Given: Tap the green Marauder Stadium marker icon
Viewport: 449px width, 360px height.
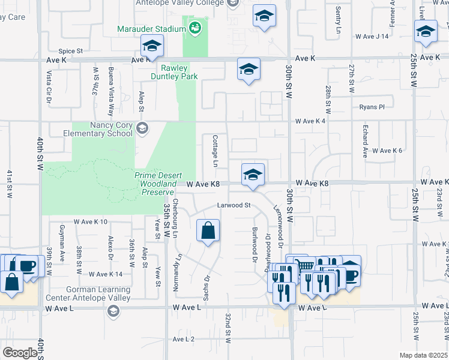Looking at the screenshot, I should tap(195, 28).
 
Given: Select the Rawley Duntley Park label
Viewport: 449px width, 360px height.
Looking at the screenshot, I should tap(179, 73).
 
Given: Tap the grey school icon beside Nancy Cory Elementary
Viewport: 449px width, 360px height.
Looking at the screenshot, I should tap(142, 128).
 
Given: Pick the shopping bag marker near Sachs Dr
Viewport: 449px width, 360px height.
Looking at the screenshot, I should tap(208, 230).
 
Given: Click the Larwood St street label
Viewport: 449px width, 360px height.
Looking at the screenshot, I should tap(233, 205).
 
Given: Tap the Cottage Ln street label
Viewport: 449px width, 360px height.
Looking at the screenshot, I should tap(215, 151).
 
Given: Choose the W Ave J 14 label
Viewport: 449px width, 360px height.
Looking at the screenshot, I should tap(372, 37).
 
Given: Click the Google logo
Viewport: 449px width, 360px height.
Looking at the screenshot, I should tap(20, 353).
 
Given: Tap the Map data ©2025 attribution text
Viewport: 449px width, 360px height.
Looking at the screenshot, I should tap(424, 355).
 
